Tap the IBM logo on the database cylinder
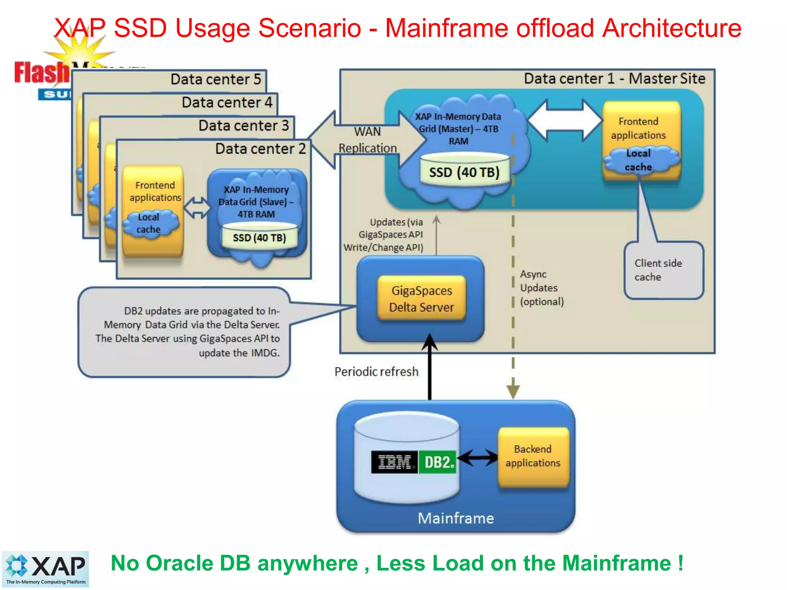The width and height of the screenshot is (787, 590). pos(394,462)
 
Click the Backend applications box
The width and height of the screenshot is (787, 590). pos(533,456)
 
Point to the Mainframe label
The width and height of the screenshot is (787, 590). pos(456,518)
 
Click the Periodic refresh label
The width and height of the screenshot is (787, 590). pos(376,371)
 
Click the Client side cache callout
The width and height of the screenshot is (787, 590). pos(663,270)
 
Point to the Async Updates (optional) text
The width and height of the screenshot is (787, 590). pos(541,288)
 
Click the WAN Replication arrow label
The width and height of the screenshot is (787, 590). pos(367,140)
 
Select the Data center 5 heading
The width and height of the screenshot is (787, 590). pos(216,79)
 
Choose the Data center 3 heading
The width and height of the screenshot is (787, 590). pos(244,126)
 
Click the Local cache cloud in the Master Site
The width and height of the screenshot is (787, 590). pos(638,160)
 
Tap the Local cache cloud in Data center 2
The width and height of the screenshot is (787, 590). pos(149,223)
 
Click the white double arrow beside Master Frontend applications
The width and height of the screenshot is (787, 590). pos(564,120)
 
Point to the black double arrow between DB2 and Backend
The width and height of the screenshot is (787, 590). pos(477,457)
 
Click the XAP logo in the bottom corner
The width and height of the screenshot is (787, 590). pos(45,568)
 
